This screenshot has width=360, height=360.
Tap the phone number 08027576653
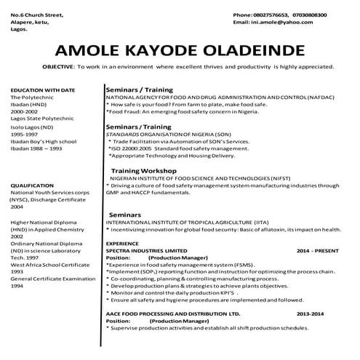coord(273,15)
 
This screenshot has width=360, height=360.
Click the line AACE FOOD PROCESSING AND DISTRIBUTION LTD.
coord(183,314)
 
